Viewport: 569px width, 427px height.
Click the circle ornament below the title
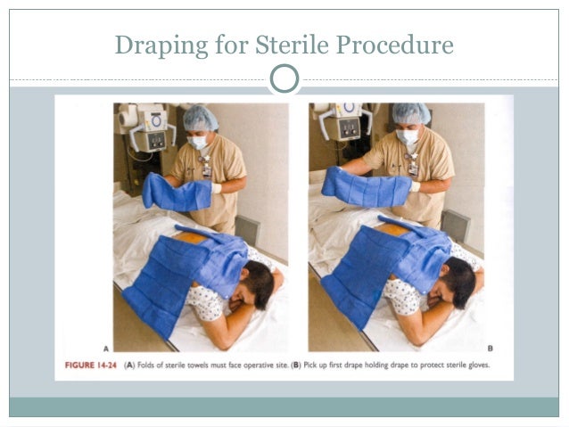[284, 78]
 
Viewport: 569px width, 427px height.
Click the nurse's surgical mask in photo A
[199, 141]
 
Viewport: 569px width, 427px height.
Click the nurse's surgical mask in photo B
[408, 137]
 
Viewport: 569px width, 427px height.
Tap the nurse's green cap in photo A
[200, 118]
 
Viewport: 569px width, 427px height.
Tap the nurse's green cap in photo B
[410, 114]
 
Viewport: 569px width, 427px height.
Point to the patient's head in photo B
[462, 283]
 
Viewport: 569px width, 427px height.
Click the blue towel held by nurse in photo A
[175, 192]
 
